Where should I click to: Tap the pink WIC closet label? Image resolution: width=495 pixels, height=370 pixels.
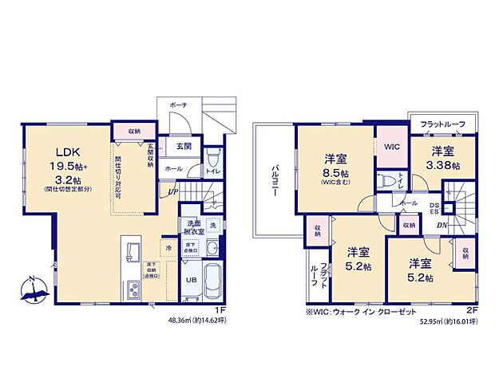point(391,147)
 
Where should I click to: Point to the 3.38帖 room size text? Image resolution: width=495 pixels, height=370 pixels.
point(443,166)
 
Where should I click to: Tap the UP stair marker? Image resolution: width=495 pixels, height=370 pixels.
point(172,190)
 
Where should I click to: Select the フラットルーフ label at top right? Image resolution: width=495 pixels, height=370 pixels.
point(442,124)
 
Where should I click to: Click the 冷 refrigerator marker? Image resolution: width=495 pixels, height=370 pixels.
point(168,248)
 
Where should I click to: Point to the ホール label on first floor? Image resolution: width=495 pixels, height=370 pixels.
point(173,169)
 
